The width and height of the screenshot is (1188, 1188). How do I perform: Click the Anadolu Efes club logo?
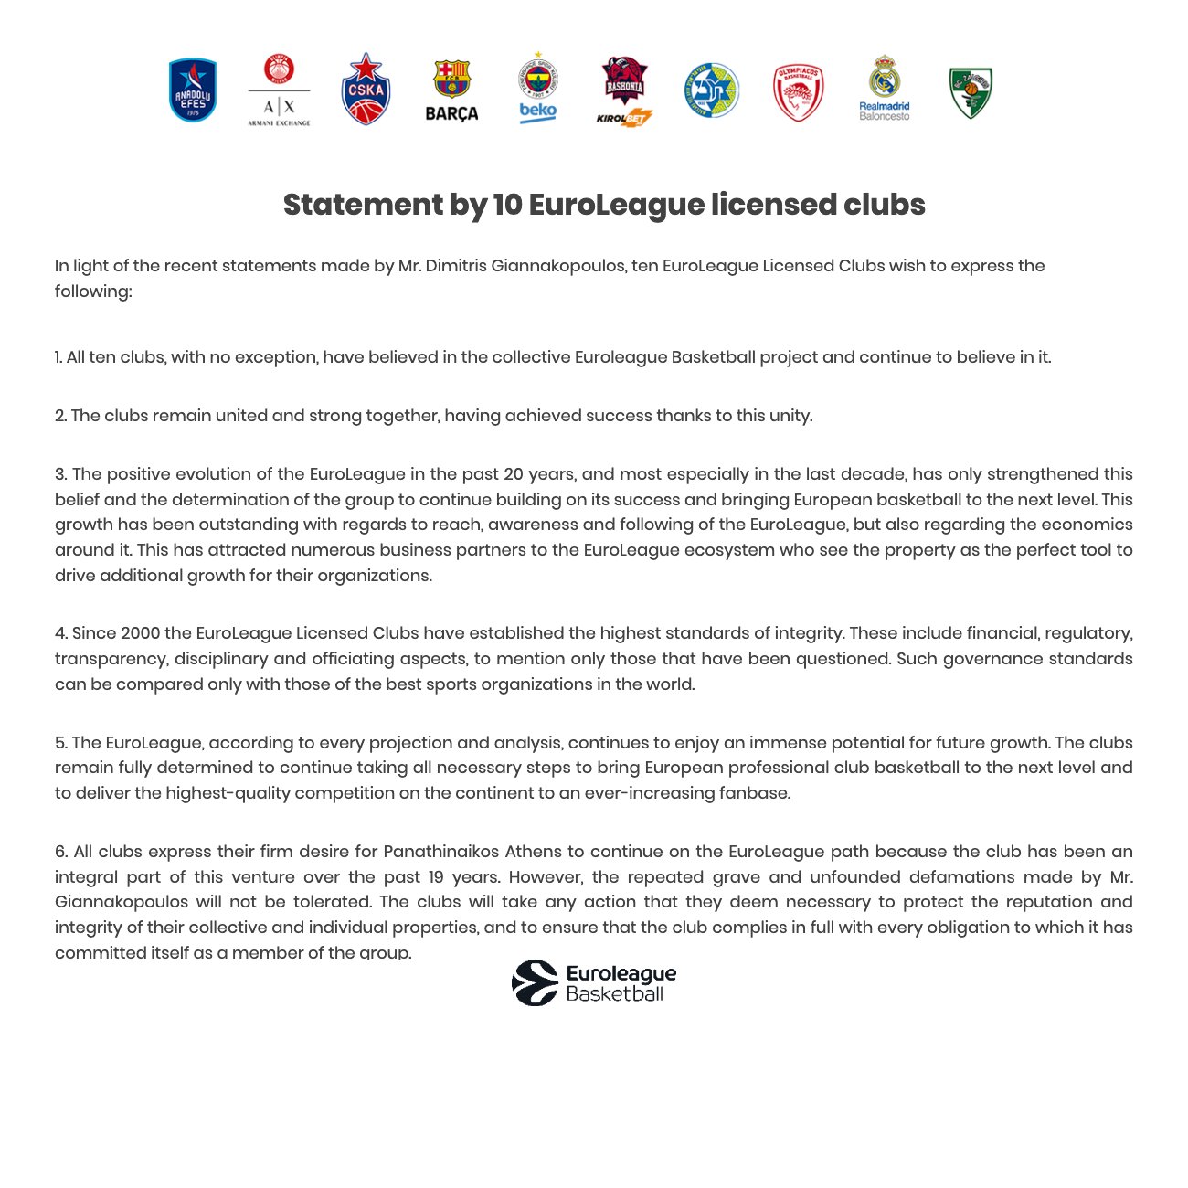click(193, 90)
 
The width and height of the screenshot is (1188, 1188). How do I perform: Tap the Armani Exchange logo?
click(279, 91)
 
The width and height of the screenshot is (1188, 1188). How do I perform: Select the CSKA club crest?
click(366, 89)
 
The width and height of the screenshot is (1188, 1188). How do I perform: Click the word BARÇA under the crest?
click(451, 114)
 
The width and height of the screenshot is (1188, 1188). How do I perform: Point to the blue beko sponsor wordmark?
click(537, 111)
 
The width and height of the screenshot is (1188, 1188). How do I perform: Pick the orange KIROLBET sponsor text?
click(624, 118)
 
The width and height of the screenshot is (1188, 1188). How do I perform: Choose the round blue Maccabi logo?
click(711, 90)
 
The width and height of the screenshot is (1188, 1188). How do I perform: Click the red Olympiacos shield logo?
click(798, 91)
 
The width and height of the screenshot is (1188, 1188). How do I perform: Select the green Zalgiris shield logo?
click(971, 92)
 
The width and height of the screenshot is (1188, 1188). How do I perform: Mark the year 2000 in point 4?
click(140, 633)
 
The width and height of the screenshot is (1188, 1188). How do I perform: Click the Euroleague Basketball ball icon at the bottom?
click(535, 983)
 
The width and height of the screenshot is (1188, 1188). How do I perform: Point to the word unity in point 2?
click(790, 416)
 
